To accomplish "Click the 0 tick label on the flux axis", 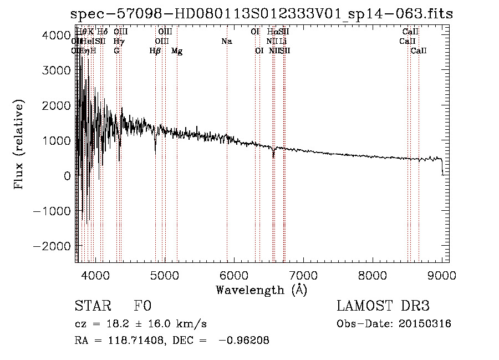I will coord(67,175).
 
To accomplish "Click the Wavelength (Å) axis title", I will coord(261,290).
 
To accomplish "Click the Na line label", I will coord(226,42).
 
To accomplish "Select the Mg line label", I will coord(177,51).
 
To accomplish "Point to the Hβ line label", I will coord(155,51).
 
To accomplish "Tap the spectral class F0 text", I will coord(142,307).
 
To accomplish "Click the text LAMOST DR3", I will coord(383,307).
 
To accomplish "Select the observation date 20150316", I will coord(424,324).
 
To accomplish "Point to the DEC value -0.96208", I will coord(245,341).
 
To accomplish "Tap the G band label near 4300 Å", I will coord(116,51).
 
